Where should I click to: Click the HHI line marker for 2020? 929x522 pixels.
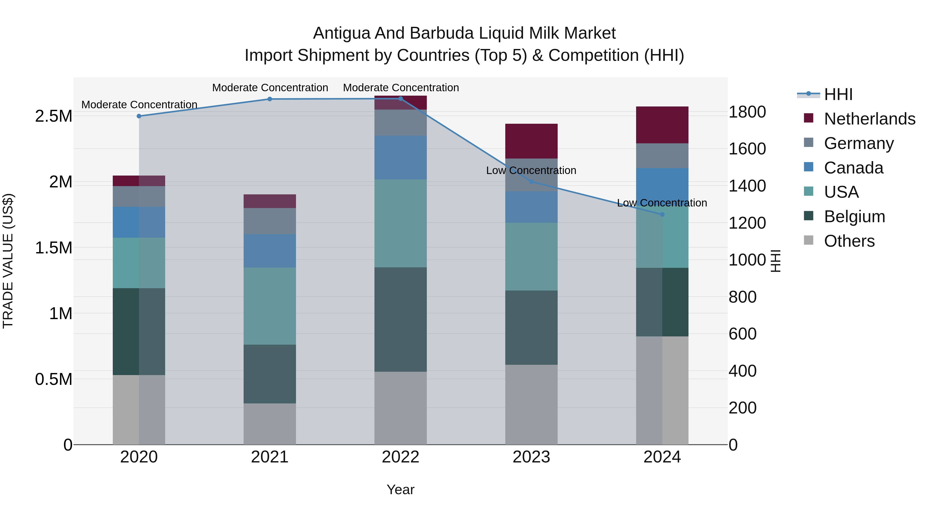pos(139,116)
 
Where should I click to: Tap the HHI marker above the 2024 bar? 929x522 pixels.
pos(662,214)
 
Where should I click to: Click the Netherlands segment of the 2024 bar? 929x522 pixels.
pos(662,125)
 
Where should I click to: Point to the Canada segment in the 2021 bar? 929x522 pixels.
pos(270,251)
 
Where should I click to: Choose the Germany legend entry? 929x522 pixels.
pos(859,143)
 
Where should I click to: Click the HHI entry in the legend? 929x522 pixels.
pos(838,94)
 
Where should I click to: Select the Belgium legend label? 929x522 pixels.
pos(854,217)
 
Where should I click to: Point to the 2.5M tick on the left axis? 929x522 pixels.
pos(53,116)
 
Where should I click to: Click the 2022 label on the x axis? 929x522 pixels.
pos(400,457)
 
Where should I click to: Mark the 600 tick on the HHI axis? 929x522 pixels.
pos(742,334)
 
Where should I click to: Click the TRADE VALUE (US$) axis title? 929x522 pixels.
pos(8,261)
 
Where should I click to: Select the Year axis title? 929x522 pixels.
pos(400,490)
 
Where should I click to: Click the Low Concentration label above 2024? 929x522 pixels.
pos(662,203)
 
